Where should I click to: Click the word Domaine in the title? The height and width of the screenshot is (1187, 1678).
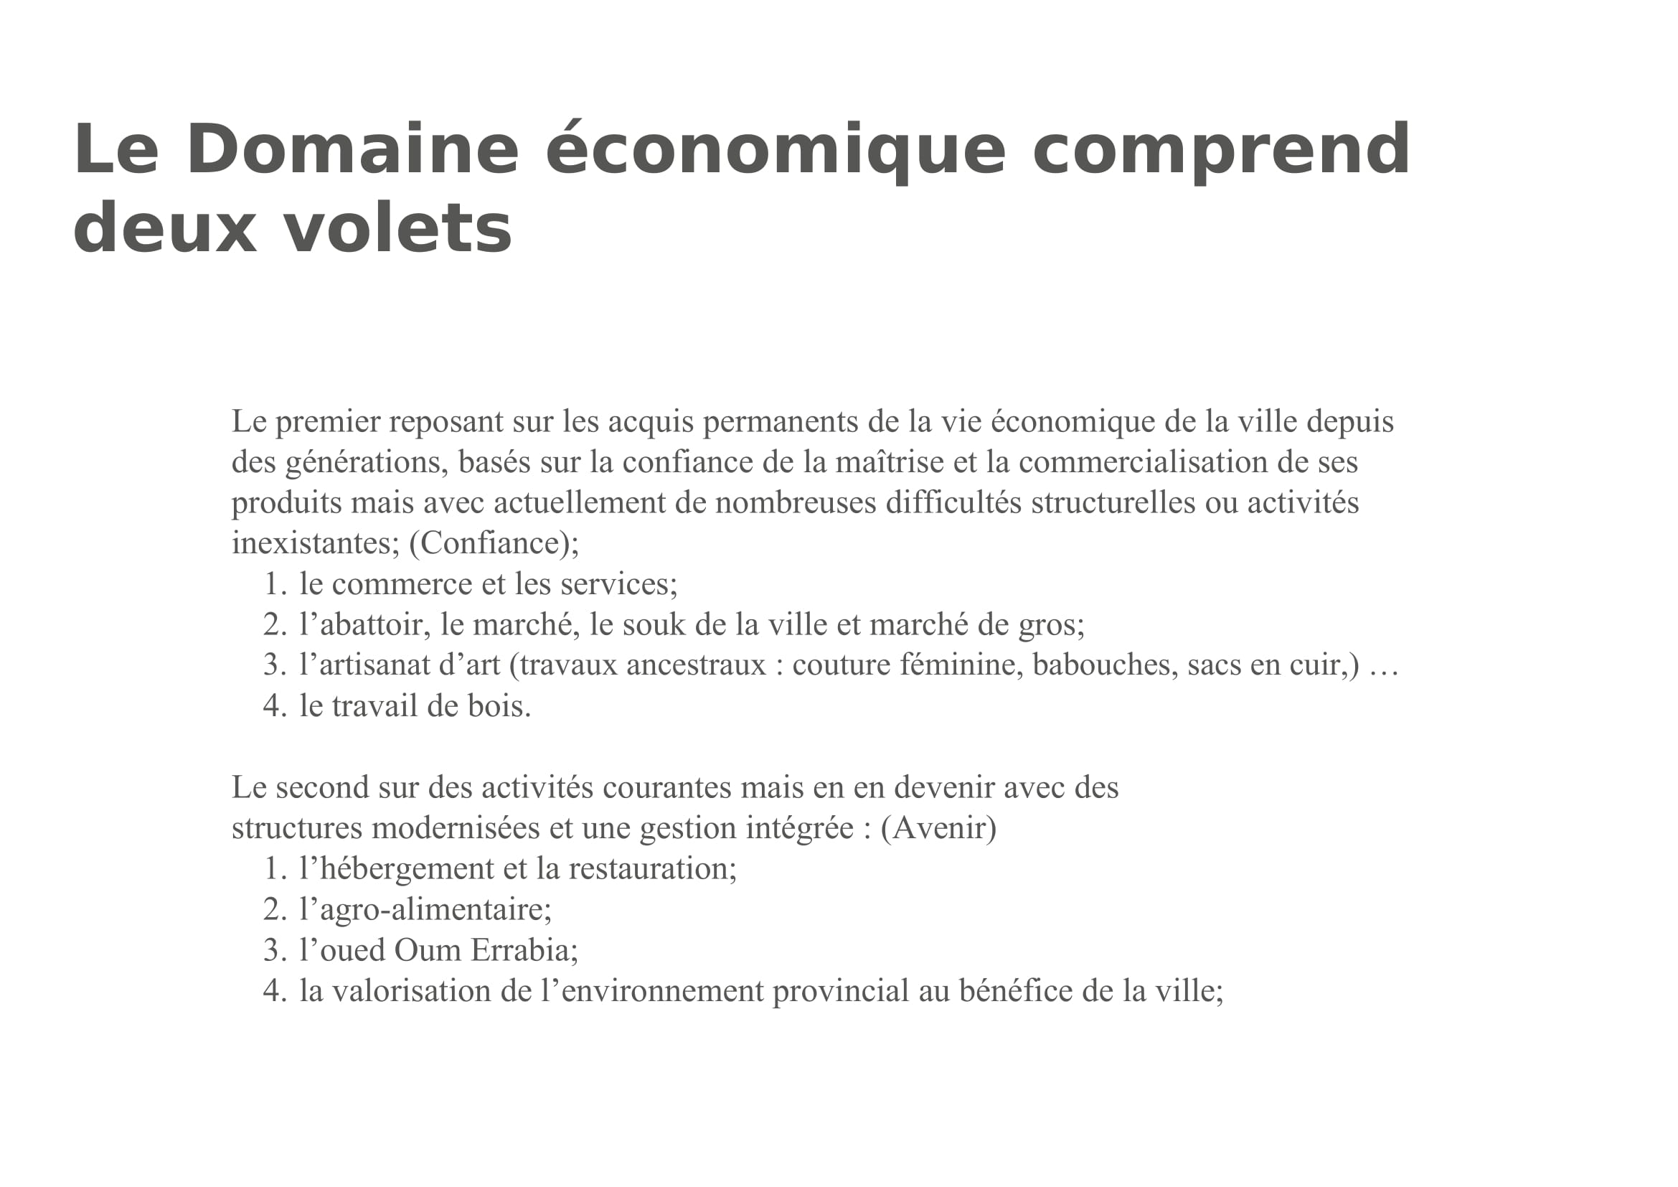pyautogui.click(x=352, y=149)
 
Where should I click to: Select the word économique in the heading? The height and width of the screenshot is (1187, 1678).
pyautogui.click(x=776, y=151)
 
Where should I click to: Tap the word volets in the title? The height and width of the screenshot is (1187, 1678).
pyautogui.click(x=397, y=229)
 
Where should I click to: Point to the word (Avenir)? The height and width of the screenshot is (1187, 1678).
pyautogui.click(x=938, y=828)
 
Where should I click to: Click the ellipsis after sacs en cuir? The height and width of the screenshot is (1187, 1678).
pyautogui.click(x=1382, y=665)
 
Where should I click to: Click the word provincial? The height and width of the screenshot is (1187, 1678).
pyautogui.click(x=841, y=992)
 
